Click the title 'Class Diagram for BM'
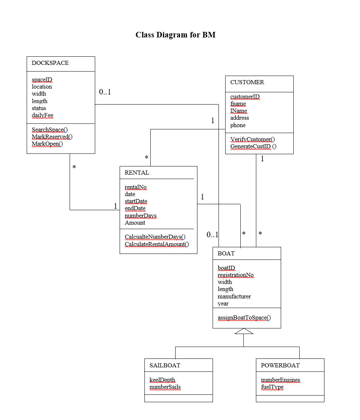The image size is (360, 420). pos(175,35)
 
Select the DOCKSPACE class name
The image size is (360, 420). pos(50,63)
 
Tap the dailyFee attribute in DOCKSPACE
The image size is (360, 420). pos(42,115)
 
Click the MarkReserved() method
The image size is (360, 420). pos(52,137)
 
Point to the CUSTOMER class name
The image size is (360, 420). pos(247,82)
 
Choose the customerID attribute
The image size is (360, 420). pos(245,97)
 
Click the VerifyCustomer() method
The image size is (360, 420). pos(253,139)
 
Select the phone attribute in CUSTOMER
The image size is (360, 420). pos(238,125)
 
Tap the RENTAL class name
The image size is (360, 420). pos(137,173)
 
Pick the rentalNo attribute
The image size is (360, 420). pos(136,187)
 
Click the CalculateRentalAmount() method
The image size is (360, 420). pos(157,244)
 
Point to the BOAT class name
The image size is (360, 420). pos(226,254)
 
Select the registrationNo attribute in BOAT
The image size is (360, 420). pos(236,275)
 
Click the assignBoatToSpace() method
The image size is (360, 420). pos(244,318)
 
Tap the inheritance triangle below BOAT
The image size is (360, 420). pos(244,331)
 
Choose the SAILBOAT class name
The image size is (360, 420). pos(165,366)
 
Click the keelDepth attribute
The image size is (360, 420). pos(162,380)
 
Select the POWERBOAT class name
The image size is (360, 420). pos(280,366)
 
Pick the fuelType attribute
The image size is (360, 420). pos(272,387)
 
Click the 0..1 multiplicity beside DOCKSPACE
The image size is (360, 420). pos(105,92)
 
